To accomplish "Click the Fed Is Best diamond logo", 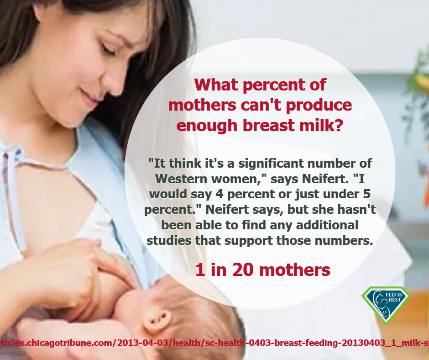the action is click(386, 305).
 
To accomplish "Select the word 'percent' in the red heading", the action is click(274, 85).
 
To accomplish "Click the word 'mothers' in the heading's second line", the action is click(202, 105).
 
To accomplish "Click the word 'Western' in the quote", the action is click(181, 179).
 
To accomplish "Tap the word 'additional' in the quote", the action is click(327, 225).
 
